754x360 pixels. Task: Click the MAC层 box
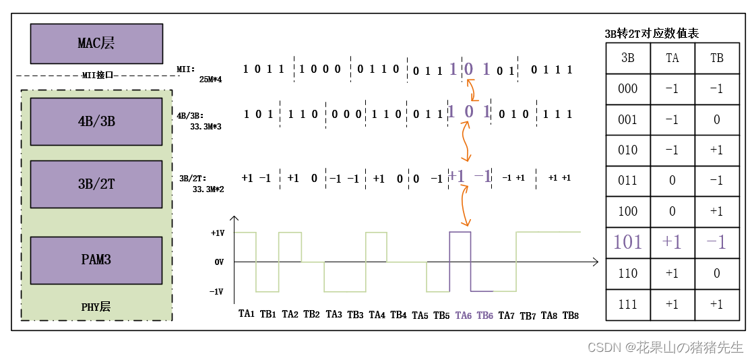click(96, 43)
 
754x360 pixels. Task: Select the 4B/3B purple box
click(96, 121)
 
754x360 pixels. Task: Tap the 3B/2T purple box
click(96, 184)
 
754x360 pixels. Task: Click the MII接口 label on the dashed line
click(96, 76)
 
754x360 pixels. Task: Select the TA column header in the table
click(672, 58)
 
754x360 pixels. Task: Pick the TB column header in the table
click(717, 58)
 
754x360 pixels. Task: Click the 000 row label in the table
click(627, 89)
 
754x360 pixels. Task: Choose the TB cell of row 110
click(717, 274)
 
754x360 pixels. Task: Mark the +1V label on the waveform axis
click(217, 233)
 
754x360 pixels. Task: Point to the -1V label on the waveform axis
click(217, 292)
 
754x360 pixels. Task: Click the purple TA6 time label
click(464, 315)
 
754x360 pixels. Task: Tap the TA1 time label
click(247, 314)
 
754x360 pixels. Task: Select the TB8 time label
click(571, 315)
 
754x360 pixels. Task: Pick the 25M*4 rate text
click(210, 80)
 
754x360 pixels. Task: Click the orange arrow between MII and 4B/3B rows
click(469, 89)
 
